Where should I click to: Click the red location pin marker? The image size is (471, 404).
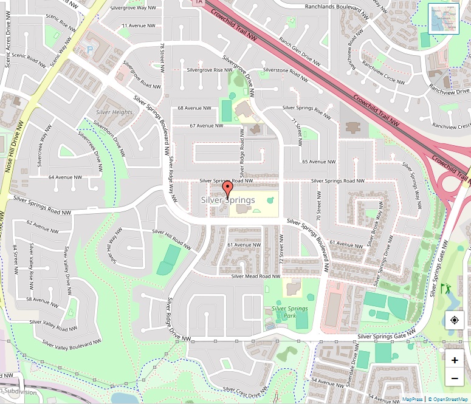(227, 190)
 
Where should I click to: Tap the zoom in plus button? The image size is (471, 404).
(455, 360)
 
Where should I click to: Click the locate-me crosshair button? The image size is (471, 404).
(455, 320)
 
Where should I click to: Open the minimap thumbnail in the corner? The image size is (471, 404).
(444, 19)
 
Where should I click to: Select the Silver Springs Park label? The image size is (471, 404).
(289, 312)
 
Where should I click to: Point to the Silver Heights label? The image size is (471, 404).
(114, 112)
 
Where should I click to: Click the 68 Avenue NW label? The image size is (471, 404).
(194, 108)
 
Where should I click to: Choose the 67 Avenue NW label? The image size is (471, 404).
(206, 126)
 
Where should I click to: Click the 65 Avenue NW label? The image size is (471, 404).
(318, 162)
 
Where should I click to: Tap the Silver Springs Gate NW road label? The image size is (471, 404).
(386, 335)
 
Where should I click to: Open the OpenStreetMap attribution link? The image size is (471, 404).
(449, 399)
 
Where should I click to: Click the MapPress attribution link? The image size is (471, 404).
(412, 399)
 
